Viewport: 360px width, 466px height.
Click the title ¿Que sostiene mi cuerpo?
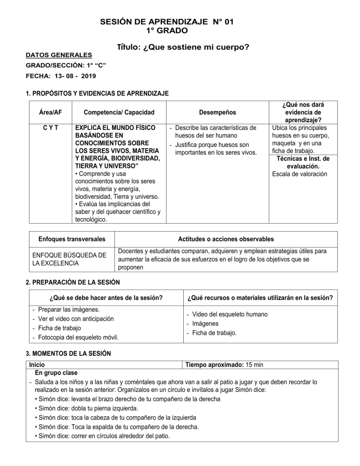[x=183, y=47]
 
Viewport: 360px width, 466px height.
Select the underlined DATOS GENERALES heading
[x=59, y=55]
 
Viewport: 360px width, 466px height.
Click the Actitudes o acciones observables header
[x=226, y=239]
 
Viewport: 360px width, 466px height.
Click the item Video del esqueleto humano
[x=230, y=315]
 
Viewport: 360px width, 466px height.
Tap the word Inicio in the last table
[x=37, y=364]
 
